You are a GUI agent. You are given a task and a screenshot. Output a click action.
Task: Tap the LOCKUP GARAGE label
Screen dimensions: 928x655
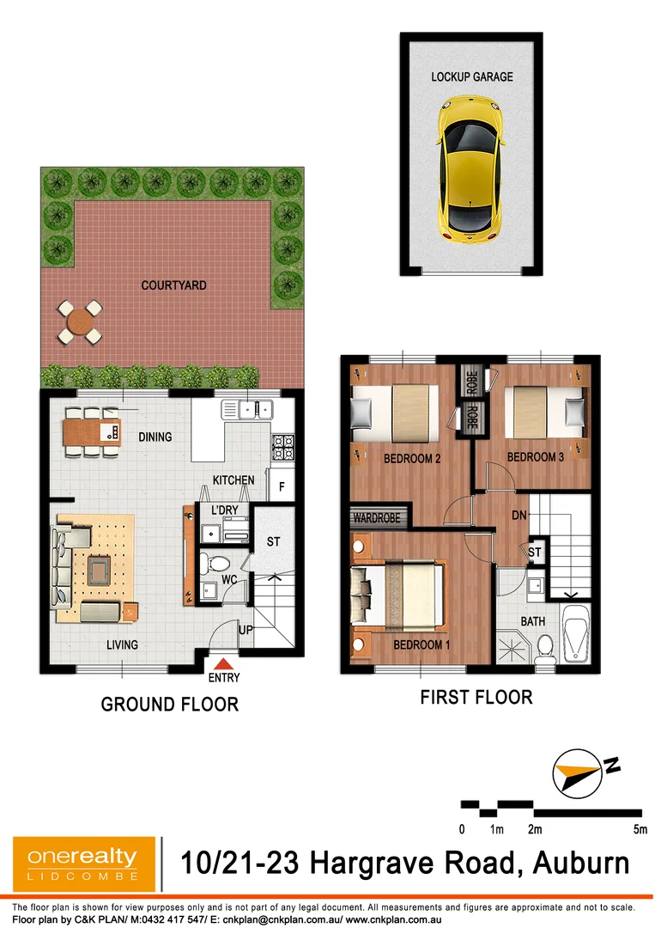click(472, 77)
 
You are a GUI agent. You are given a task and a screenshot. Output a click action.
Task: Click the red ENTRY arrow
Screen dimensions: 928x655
click(223, 663)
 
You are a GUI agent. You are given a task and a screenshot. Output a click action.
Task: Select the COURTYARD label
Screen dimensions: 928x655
click(174, 285)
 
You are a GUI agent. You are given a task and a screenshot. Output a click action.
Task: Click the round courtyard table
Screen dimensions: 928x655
click(80, 322)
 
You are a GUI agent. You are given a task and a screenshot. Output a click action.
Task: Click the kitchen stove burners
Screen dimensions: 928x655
click(283, 444)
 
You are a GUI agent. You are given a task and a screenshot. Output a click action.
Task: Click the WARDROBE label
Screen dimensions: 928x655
click(380, 518)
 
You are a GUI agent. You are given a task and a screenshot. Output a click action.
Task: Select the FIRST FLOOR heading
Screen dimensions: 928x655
click(476, 697)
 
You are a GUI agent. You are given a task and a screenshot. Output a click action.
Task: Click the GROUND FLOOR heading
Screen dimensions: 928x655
click(169, 705)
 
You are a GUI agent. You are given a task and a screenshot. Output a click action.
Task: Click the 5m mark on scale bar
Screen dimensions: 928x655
click(639, 829)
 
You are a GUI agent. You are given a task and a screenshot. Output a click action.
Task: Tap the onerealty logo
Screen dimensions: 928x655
click(83, 864)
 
